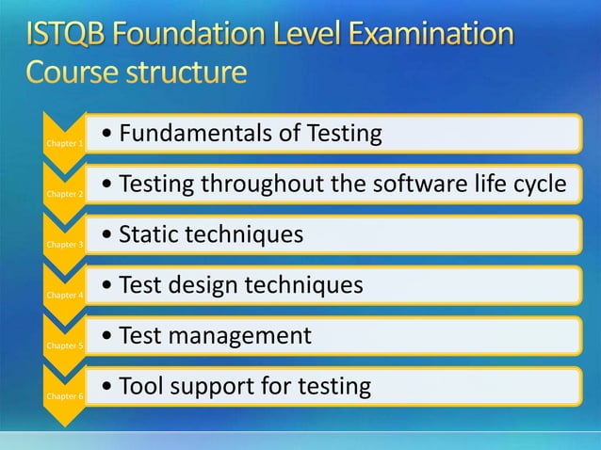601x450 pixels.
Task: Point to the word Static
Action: pos(146,234)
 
